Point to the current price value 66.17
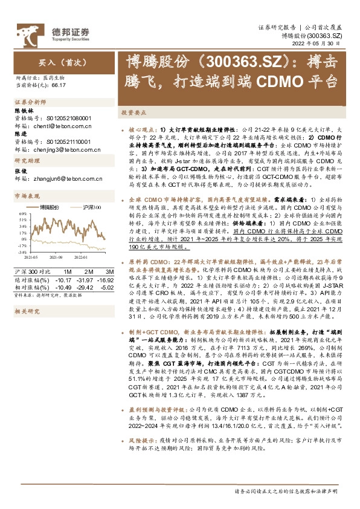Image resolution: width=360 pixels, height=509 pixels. pyautogui.click(x=59, y=86)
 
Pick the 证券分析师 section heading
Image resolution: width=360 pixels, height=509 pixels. pyautogui.click(x=28, y=103)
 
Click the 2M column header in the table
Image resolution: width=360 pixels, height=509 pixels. pyautogui.click(x=85, y=273)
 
